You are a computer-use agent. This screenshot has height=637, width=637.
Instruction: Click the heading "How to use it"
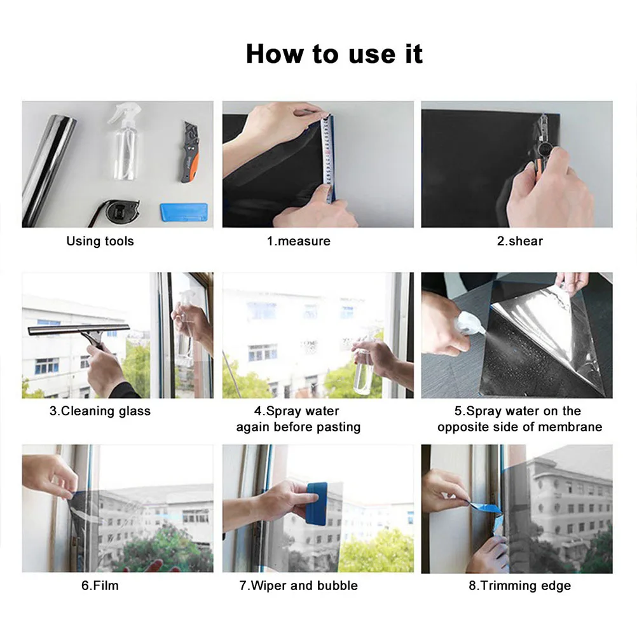coord(334,54)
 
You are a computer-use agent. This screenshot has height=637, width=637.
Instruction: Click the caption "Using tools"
coord(100,241)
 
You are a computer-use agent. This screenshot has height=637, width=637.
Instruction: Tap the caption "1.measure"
coord(298,241)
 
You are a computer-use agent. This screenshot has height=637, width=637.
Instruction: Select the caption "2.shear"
coord(519,241)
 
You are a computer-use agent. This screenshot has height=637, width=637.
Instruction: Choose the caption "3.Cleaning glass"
coord(100,411)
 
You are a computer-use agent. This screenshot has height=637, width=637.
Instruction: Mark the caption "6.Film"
coord(100,586)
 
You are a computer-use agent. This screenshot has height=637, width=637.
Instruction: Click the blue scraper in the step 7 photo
coord(316,502)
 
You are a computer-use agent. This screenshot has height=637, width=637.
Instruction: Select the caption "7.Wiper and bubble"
coord(298,586)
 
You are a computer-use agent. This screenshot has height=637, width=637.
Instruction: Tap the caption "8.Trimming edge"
coord(519,586)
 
